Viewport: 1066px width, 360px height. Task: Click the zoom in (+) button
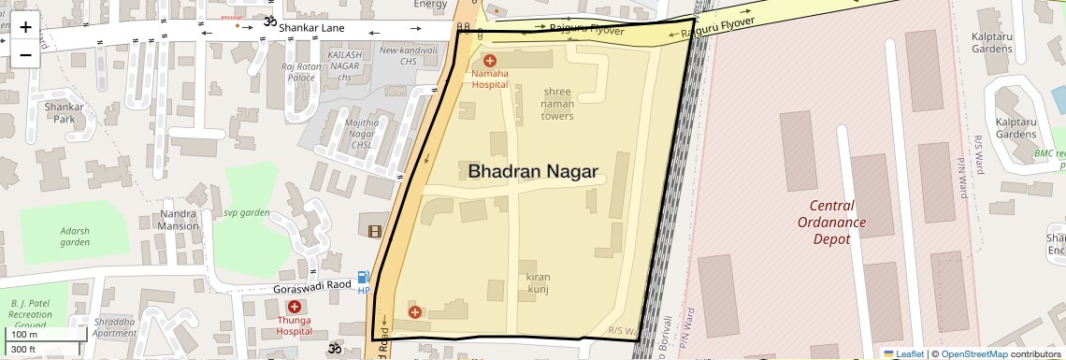click(26, 26)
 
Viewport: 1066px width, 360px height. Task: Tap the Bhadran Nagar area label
click(532, 171)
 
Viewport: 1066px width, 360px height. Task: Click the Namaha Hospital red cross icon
click(489, 61)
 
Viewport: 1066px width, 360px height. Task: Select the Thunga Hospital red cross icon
click(295, 307)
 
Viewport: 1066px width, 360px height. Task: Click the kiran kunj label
click(537, 283)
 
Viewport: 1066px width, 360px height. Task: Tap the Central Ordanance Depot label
click(831, 223)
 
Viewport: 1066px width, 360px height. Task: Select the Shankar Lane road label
click(311, 29)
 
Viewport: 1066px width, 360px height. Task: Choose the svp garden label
click(246, 213)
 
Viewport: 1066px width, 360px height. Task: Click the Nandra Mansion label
click(178, 220)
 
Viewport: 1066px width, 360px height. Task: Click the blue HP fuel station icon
click(364, 278)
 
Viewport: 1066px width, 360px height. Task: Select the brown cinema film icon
click(375, 231)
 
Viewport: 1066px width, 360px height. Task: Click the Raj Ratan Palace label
click(301, 72)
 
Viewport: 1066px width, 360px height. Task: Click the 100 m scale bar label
click(24, 334)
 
